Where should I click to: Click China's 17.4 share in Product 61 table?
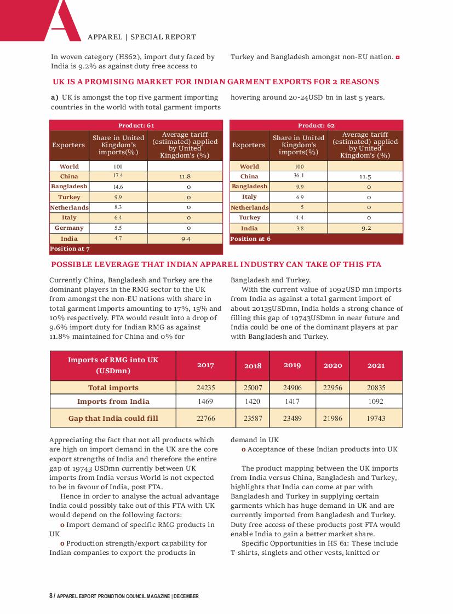[118, 176]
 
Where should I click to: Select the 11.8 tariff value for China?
[185, 177]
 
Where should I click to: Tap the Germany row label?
[69, 228]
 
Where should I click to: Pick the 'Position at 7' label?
[71, 249]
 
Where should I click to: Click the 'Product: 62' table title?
[316, 125]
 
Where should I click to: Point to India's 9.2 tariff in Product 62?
[365, 228]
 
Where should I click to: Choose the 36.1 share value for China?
[299, 176]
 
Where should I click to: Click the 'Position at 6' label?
[250, 239]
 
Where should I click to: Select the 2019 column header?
[292, 365]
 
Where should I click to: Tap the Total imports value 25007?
[253, 387]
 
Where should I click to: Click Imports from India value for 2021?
[376, 401]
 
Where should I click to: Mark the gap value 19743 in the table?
[376, 418]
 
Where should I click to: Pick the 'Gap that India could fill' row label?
[113, 418]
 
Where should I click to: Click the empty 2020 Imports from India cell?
[332, 401]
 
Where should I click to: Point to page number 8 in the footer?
[50, 596]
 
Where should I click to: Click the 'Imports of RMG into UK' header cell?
[113, 365]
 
